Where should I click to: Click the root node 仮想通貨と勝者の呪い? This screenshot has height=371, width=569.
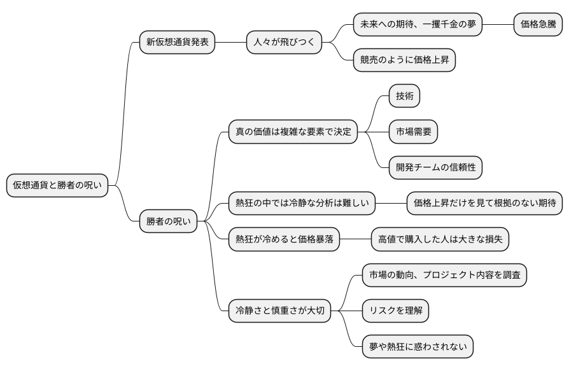(x=57, y=186)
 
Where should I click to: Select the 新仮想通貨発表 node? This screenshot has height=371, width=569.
(x=177, y=43)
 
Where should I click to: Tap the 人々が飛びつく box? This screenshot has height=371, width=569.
(x=284, y=43)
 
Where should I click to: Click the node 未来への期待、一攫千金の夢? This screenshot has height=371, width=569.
(x=418, y=25)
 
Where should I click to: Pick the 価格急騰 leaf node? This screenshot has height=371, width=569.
(x=538, y=25)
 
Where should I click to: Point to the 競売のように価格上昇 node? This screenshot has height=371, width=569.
(x=404, y=60)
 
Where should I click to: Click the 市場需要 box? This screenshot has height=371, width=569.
(x=413, y=132)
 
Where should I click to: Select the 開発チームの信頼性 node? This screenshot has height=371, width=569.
(x=436, y=167)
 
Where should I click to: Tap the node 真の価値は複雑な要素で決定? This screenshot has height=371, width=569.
(x=293, y=132)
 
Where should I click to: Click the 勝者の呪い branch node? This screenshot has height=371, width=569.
(x=168, y=221)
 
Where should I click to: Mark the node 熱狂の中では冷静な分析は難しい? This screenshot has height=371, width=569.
(x=301, y=204)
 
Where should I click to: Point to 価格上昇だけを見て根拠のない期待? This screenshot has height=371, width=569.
(x=484, y=204)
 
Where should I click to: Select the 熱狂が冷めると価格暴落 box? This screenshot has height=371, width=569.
(x=284, y=239)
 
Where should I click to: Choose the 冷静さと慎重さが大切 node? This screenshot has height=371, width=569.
(x=279, y=311)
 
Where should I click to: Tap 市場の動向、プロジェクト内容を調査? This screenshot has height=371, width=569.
(x=444, y=275)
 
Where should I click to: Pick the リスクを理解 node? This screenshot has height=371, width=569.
(x=395, y=311)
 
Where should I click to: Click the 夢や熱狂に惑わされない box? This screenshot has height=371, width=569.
(x=418, y=347)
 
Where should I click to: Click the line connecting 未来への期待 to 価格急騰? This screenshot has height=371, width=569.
(x=498, y=25)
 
